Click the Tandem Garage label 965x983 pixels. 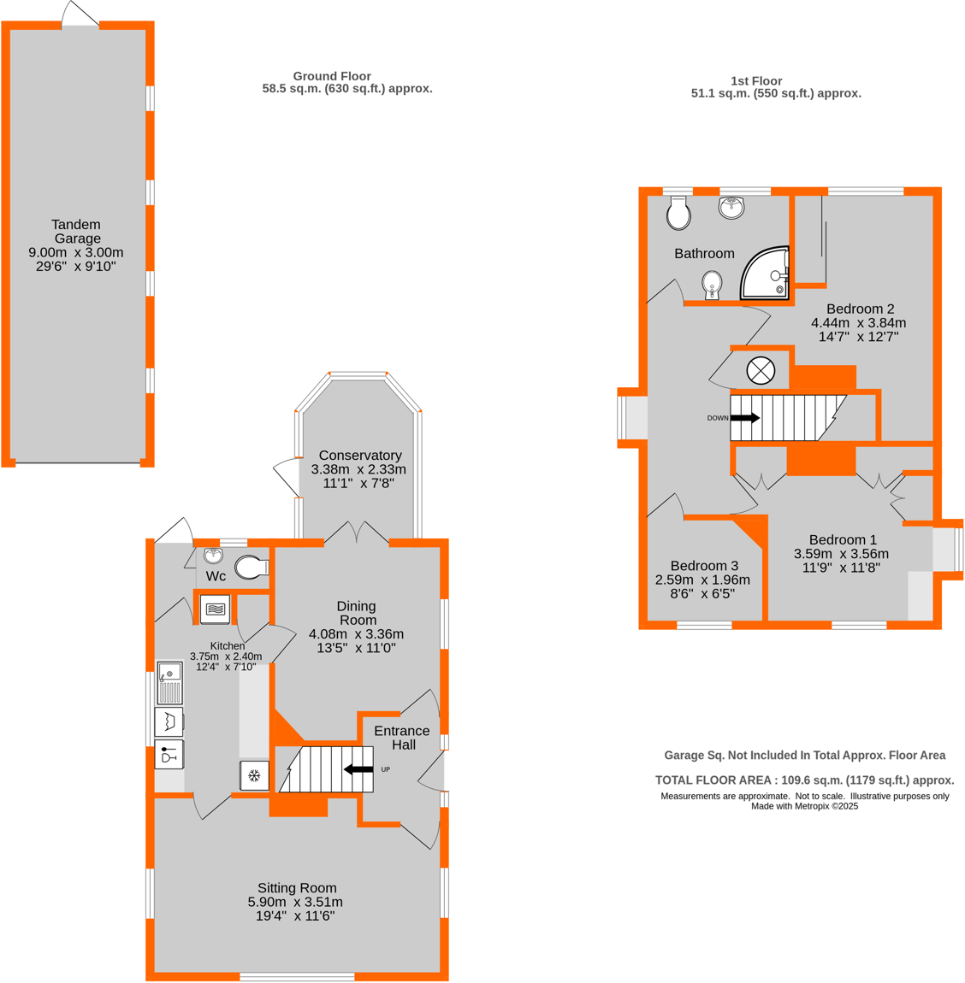tap(76, 232)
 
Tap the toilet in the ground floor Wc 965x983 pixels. tap(252, 567)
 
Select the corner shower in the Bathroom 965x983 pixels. tap(766, 274)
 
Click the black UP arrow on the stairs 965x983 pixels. tap(358, 769)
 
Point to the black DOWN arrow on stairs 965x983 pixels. tap(744, 418)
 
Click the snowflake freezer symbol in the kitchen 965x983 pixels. tap(254, 776)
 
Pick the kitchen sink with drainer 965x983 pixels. tap(169, 682)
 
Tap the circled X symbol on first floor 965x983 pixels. tap(761, 371)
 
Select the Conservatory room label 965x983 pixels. tap(359, 456)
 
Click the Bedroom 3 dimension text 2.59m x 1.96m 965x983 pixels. tap(702, 580)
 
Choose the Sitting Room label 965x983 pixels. tap(297, 888)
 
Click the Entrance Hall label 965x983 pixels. tap(402, 738)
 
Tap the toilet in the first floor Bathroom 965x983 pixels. tap(678, 214)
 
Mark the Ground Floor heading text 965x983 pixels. tap(332, 76)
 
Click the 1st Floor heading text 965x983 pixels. tap(756, 81)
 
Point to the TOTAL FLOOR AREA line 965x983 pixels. tap(804, 780)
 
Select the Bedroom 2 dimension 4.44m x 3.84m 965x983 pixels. tap(858, 323)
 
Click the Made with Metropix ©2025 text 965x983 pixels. tap(804, 806)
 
